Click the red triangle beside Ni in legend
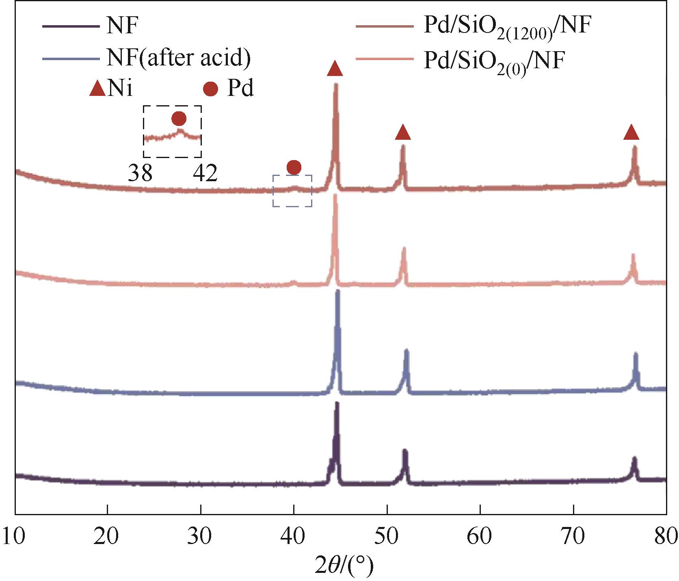(x=98, y=89)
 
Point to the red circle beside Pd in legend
(x=210, y=89)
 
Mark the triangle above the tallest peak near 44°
(x=335, y=69)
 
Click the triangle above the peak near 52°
(x=402, y=132)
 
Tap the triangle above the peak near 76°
(x=631, y=132)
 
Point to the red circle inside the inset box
(x=179, y=119)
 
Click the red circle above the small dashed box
(x=294, y=167)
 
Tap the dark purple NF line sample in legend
(x=71, y=27)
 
